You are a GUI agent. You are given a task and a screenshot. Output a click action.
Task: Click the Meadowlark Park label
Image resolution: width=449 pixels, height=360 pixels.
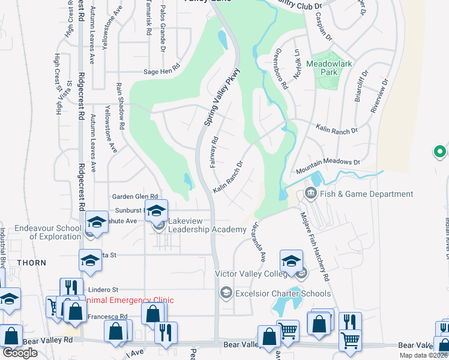[x=330, y=67]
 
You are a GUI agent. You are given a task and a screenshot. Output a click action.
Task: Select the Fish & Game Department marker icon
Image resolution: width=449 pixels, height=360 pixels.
[x=310, y=193]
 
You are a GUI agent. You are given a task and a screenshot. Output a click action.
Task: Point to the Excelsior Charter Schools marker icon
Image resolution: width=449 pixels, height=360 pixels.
[x=226, y=293]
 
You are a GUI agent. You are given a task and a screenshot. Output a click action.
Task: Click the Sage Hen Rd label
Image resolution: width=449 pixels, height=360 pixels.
[x=161, y=72]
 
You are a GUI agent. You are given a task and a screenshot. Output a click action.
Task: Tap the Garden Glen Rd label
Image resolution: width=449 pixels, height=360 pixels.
[x=135, y=196]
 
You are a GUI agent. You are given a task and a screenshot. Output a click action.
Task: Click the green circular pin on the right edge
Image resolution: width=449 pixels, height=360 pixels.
[x=440, y=152]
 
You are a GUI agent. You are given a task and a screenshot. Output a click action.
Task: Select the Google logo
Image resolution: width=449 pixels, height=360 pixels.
[x=20, y=353]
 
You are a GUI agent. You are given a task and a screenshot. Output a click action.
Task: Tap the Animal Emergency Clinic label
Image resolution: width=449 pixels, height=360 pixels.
[x=130, y=300]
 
